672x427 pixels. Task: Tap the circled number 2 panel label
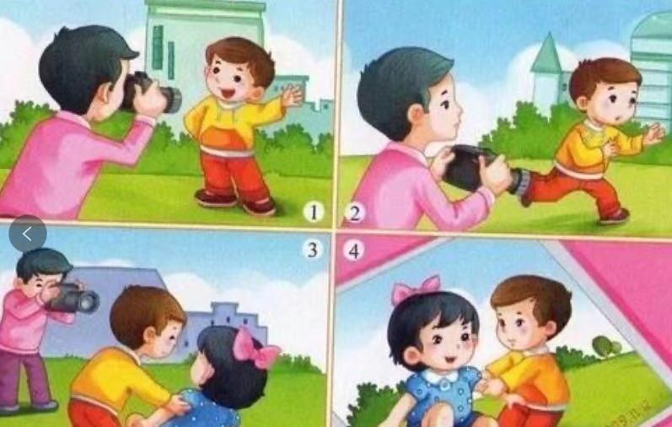[x=354, y=213]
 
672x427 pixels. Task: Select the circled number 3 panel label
[x=314, y=250]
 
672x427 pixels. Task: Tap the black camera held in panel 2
[x=472, y=167]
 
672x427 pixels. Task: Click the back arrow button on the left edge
[x=28, y=233]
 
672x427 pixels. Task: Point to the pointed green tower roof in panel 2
[x=546, y=53]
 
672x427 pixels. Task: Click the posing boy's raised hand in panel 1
[x=291, y=95]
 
